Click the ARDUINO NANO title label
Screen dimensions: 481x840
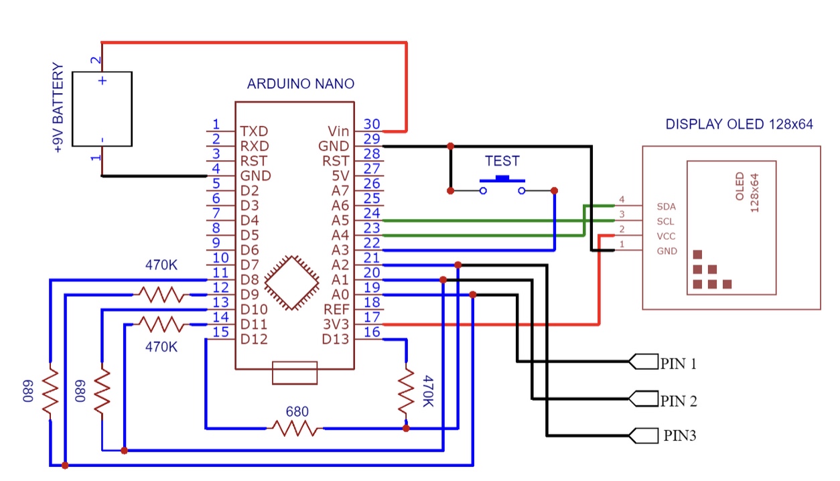300,84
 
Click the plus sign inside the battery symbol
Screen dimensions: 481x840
102,81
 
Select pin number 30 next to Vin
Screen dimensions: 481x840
371,124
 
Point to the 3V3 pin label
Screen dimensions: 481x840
336,325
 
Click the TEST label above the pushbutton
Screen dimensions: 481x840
502,161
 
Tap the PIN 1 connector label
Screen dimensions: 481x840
678,364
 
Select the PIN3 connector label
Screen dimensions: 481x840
680,436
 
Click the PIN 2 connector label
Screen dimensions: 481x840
678,401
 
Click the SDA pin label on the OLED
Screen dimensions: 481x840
667,206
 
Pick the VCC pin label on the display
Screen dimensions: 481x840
667,236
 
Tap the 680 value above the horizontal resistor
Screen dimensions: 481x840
297,411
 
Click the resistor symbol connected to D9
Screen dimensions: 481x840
159,294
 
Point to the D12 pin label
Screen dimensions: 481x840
255,340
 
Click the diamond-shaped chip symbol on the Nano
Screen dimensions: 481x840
291,282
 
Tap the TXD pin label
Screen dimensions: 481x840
255,131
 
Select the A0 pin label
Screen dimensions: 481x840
340,295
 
